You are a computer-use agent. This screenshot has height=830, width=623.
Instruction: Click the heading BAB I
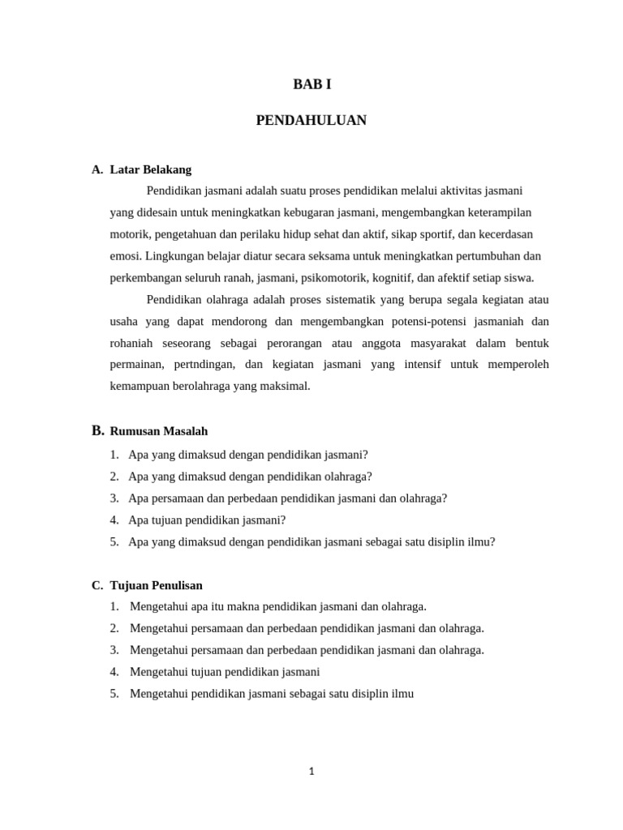tap(311, 84)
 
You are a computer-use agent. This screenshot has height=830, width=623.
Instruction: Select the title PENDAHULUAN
tap(311, 121)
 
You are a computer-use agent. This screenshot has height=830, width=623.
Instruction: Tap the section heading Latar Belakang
tap(150, 169)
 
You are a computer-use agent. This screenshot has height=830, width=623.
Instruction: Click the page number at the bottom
tap(311, 772)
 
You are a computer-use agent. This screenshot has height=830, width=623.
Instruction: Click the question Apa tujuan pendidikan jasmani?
tap(207, 520)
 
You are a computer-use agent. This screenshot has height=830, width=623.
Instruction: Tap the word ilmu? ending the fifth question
tap(481, 541)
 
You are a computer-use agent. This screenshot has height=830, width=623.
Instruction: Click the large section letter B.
tap(98, 430)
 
